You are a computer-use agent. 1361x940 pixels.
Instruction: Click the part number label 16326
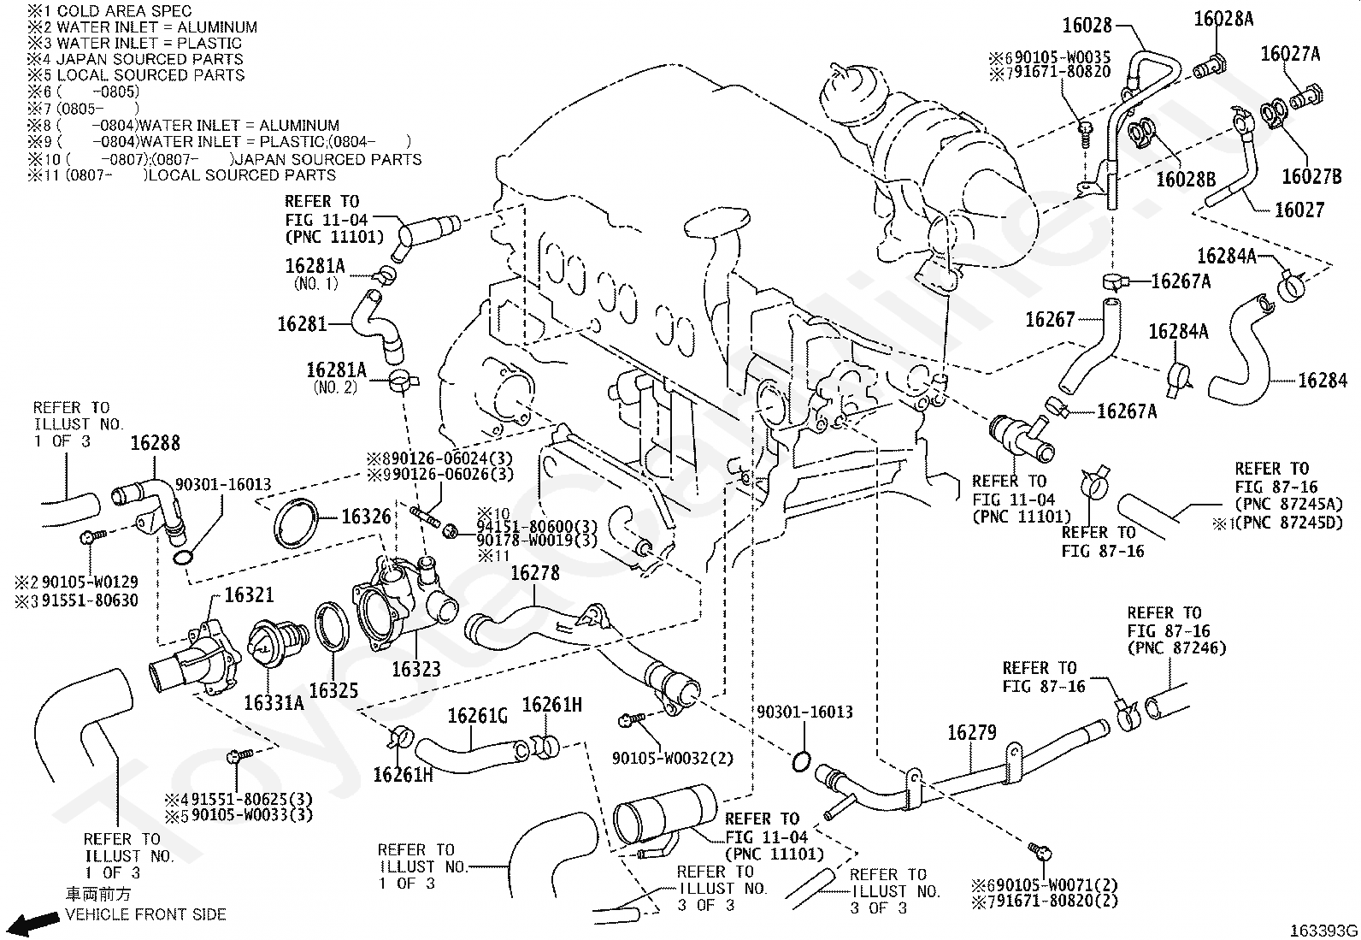pyautogui.click(x=366, y=517)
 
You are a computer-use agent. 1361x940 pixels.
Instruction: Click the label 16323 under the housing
pyautogui.click(x=415, y=670)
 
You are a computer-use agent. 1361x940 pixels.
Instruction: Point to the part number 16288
pyautogui.click(x=156, y=443)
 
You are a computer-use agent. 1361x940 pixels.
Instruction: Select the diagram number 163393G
pyautogui.click(x=1323, y=931)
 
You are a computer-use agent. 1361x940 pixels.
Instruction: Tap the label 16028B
pyautogui.click(x=1186, y=180)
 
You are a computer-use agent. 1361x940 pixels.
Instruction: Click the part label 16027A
pyautogui.click(x=1290, y=54)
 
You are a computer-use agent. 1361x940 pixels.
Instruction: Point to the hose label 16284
pyautogui.click(x=1323, y=381)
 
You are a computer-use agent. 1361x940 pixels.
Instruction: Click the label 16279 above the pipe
pyautogui.click(x=971, y=733)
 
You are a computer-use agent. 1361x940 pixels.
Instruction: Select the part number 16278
pyautogui.click(x=534, y=573)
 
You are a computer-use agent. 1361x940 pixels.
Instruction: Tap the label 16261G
pyautogui.click(x=478, y=716)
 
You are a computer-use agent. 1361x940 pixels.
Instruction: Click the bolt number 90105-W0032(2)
pyautogui.click(x=673, y=758)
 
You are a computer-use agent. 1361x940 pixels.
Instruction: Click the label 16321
pyautogui.click(x=249, y=594)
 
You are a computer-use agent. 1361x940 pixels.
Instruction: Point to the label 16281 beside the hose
pyautogui.click(x=302, y=324)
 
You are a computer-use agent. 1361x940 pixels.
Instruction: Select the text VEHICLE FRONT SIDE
pyautogui.click(x=145, y=914)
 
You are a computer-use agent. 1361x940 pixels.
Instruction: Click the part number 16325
pyautogui.click(x=333, y=691)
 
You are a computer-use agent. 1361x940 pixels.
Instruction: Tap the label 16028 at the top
pyautogui.click(x=1087, y=26)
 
